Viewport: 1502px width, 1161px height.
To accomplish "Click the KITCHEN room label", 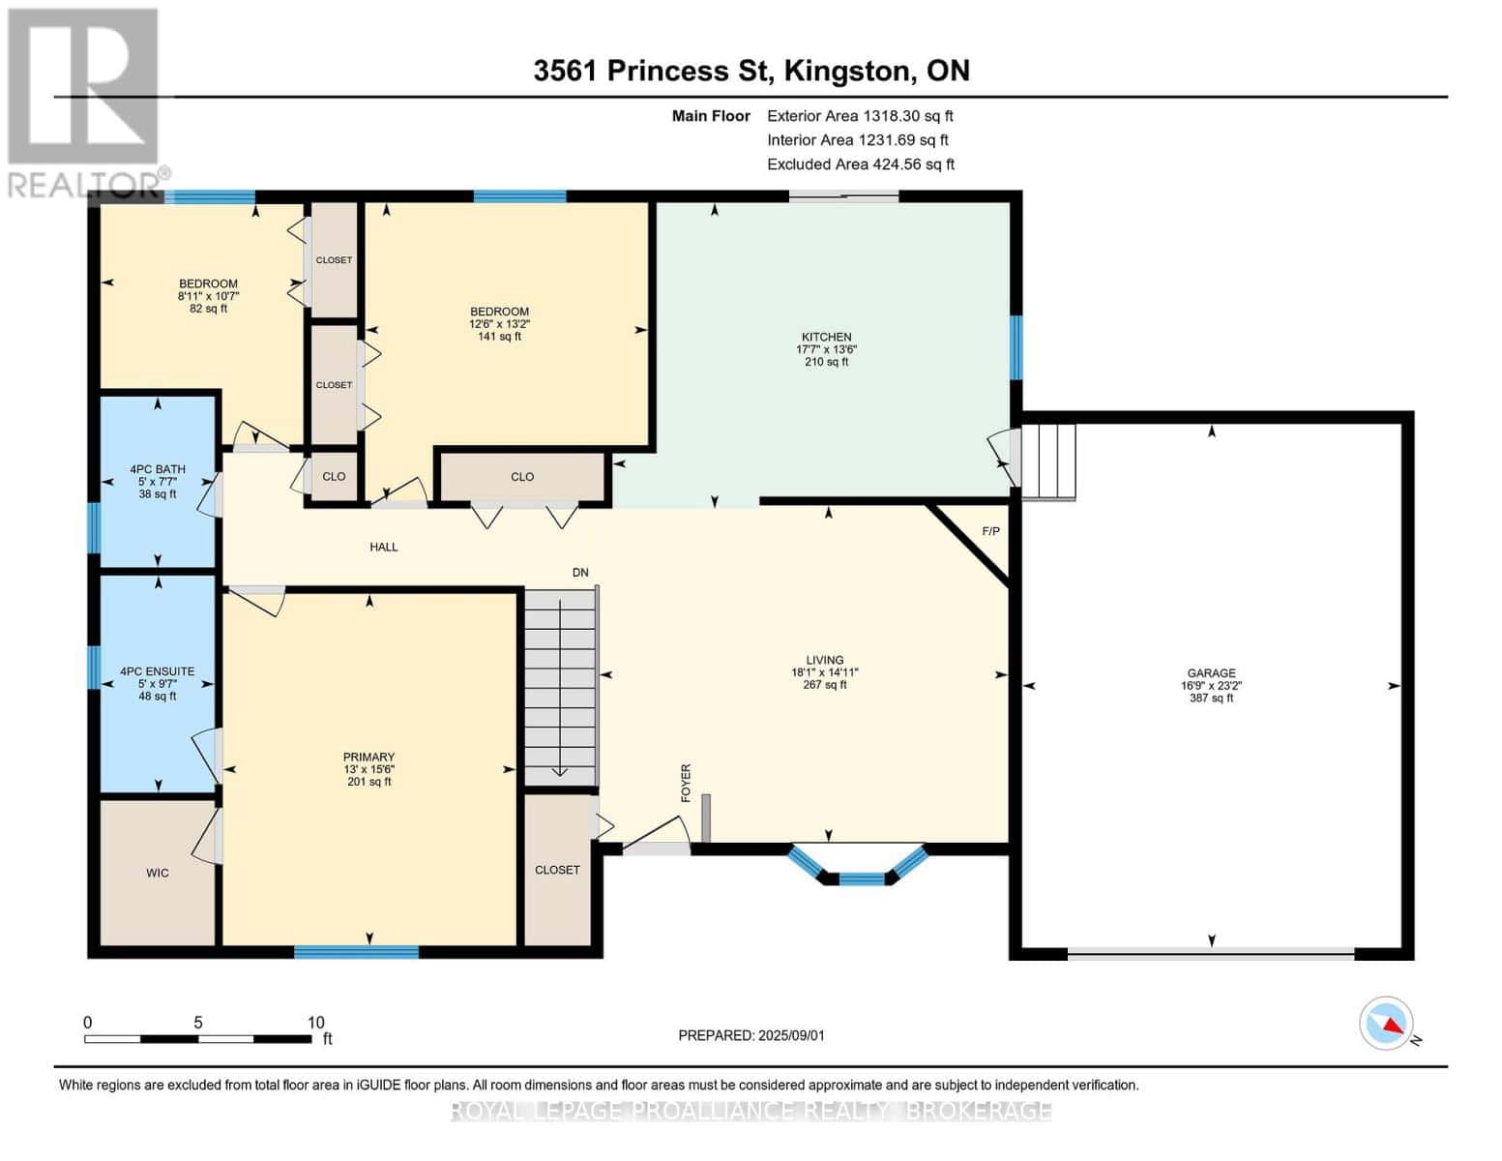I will [826, 337].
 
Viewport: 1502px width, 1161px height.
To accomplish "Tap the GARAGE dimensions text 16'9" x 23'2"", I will [1211, 685].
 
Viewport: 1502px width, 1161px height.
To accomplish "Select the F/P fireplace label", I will [990, 531].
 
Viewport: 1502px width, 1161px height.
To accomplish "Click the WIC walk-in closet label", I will [158, 873].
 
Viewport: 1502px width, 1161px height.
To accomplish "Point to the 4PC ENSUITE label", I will [158, 670].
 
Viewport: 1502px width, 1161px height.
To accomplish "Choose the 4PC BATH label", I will [158, 469].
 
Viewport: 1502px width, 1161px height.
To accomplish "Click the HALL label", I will [384, 547].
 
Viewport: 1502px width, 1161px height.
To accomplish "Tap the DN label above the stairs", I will [580, 573].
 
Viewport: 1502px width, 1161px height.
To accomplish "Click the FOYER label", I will [686, 783].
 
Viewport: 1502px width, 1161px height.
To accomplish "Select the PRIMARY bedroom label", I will [368, 757].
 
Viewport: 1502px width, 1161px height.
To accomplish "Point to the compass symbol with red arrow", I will [1386, 1024].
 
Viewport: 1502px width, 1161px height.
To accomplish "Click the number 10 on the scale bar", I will [315, 1023].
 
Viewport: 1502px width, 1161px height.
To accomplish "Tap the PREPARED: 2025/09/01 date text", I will [751, 1035].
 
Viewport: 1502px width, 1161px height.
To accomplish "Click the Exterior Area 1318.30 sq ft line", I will [860, 115].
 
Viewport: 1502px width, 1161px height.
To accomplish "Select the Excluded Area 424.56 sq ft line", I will [860, 164].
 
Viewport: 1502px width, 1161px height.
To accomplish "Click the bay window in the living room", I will [859, 868].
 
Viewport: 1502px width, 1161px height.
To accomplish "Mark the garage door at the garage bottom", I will [1211, 953].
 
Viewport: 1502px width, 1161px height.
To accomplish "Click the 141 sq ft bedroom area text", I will [499, 337].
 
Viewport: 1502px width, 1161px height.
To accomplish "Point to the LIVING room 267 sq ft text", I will [825, 685].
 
